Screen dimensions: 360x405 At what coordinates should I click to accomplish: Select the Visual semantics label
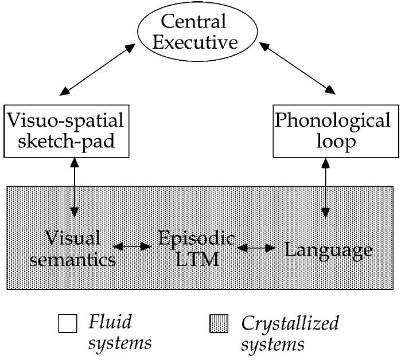click(73, 249)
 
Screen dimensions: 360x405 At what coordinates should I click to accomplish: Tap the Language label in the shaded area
click(329, 250)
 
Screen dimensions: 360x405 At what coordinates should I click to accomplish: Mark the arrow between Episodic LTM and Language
click(256, 248)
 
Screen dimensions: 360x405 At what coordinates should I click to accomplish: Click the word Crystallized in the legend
click(290, 323)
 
